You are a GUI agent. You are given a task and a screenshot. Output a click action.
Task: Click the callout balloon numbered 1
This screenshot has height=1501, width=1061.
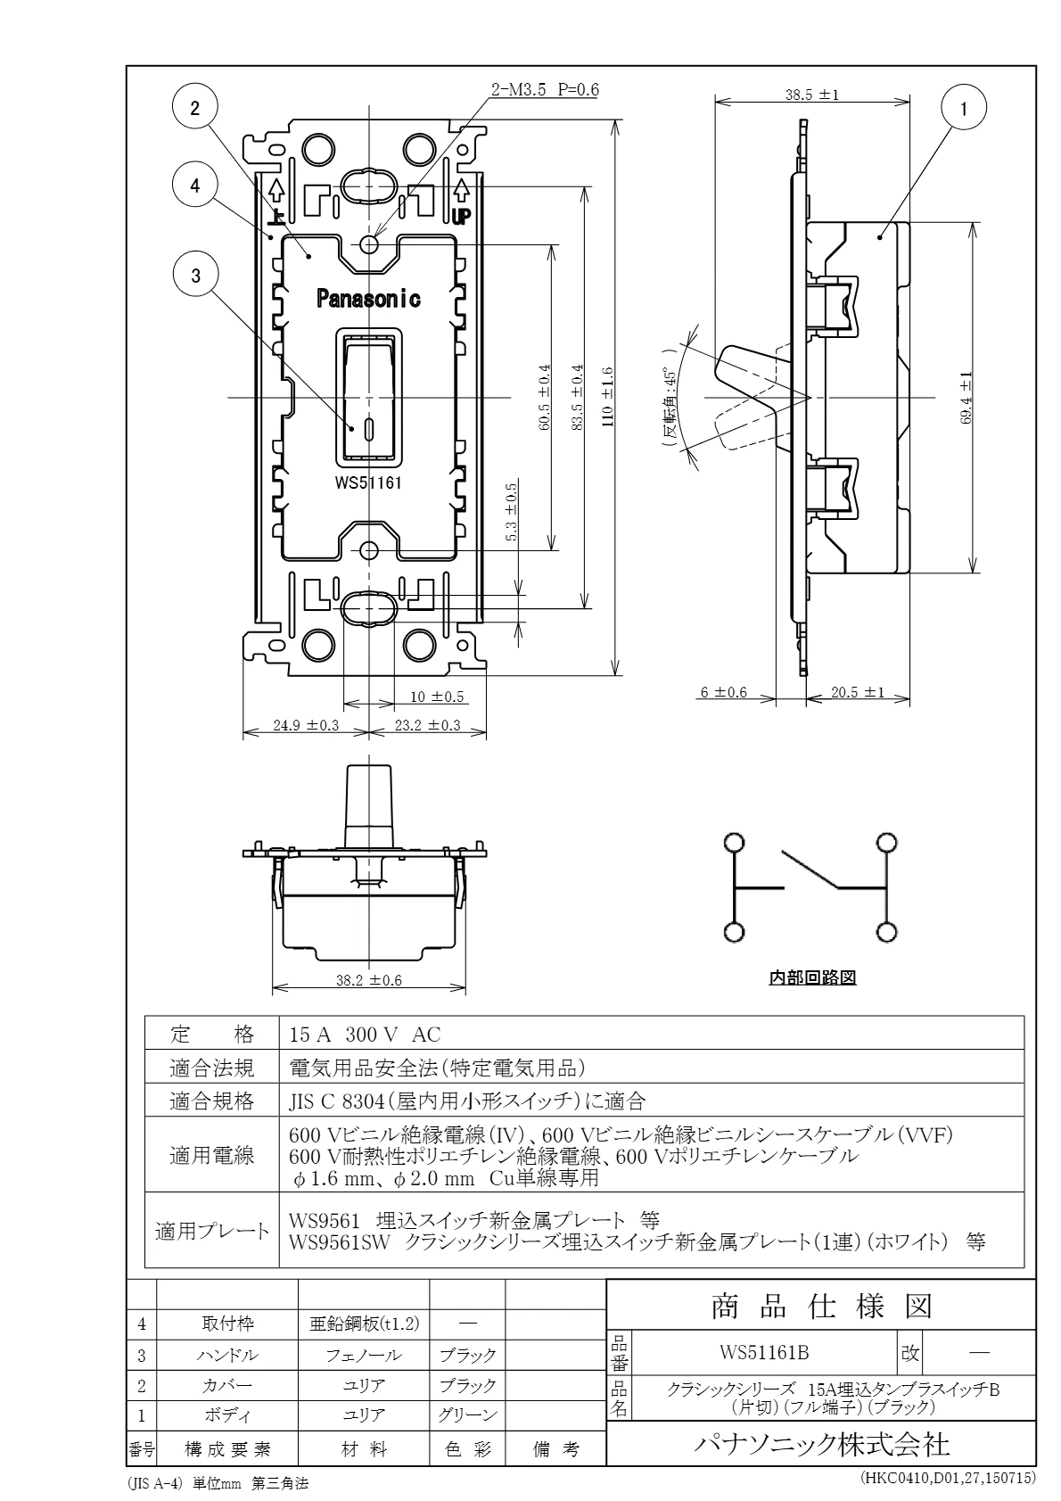[x=963, y=109]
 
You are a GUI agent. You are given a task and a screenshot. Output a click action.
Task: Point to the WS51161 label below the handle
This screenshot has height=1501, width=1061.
[x=368, y=482]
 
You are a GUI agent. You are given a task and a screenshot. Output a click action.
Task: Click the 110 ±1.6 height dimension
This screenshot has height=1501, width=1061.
[x=607, y=396]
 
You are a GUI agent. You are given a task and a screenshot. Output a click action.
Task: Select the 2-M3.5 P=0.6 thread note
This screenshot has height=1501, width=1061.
[x=545, y=90]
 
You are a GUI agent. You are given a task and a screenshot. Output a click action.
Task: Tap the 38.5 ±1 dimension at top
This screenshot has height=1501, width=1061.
[x=812, y=95]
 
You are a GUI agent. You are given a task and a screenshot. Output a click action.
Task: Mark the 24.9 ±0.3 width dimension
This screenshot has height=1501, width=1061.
[x=306, y=725]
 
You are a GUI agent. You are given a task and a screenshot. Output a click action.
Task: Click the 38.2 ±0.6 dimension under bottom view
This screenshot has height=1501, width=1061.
[x=368, y=980]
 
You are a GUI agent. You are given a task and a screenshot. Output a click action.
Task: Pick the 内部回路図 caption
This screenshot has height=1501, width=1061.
[x=812, y=978]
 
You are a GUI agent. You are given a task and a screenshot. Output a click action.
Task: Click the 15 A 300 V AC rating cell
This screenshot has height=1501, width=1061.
[x=365, y=1035]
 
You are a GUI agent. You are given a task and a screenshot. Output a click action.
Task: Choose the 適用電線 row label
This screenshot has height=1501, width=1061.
[x=212, y=1157]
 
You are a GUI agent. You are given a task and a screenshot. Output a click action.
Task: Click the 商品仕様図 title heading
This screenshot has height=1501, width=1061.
[x=820, y=1307]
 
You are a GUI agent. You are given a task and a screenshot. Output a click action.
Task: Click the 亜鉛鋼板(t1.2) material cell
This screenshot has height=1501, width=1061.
[x=364, y=1324]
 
